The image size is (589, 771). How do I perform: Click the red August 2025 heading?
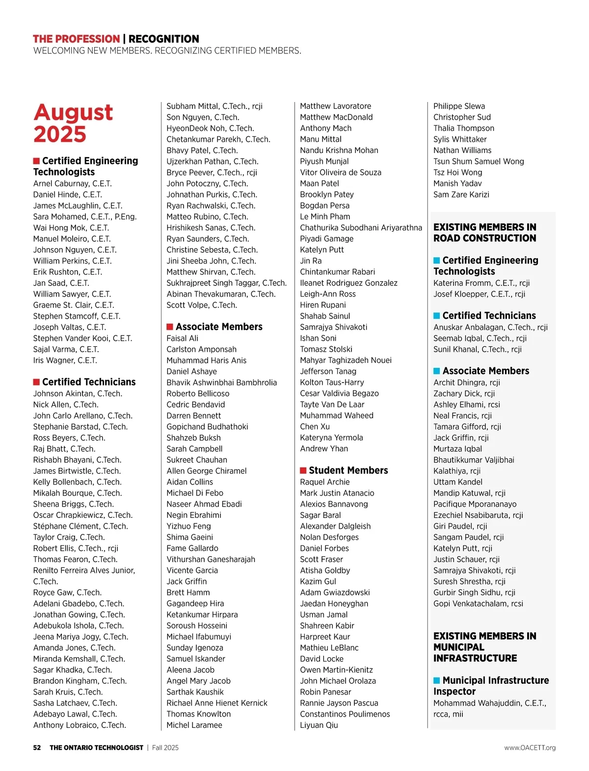point(73,123)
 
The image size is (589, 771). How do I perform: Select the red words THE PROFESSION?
point(76,39)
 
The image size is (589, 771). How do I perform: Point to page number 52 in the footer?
point(37,747)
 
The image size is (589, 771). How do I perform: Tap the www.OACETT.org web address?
point(530,747)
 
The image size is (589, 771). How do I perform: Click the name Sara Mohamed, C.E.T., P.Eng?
point(84,217)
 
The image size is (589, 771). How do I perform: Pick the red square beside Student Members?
point(303,470)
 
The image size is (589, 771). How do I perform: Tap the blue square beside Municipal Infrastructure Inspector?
point(437,680)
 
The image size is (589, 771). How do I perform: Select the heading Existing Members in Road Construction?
point(484,232)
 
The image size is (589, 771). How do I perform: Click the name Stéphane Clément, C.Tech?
point(80,526)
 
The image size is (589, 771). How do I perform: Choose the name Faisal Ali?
point(183,338)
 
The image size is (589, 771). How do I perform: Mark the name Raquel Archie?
point(325,482)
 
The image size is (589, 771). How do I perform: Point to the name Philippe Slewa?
point(459,106)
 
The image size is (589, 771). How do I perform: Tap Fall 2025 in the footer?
point(165,747)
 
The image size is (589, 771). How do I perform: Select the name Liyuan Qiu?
point(319,725)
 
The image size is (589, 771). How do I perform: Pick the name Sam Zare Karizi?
point(461,195)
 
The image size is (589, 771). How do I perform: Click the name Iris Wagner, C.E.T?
point(65,360)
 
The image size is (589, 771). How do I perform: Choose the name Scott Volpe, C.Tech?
point(202,305)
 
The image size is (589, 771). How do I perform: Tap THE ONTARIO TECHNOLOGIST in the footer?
point(96,747)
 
